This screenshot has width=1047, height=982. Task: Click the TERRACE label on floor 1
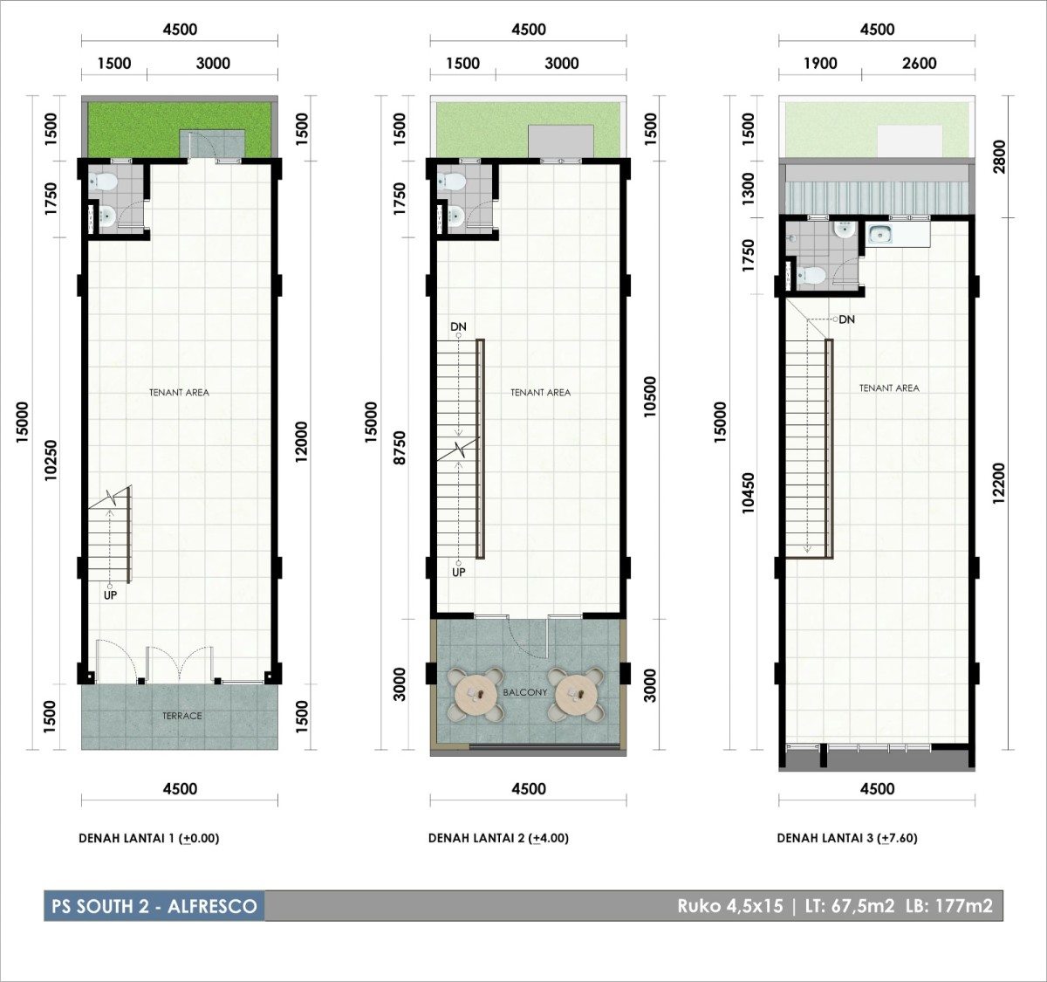click(x=181, y=716)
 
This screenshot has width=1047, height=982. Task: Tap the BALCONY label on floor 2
click(x=525, y=692)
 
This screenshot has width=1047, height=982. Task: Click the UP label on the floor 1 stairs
click(x=110, y=595)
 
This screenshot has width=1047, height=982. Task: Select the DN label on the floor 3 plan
click(x=846, y=319)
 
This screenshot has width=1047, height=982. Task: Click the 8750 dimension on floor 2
click(x=400, y=448)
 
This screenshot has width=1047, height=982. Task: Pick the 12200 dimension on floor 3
click(x=998, y=484)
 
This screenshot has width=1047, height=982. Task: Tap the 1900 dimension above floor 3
click(x=820, y=64)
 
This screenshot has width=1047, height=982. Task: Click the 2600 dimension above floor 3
click(x=920, y=64)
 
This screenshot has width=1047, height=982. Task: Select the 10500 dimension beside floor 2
click(x=650, y=396)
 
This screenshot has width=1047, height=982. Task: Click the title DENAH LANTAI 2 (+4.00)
click(x=499, y=838)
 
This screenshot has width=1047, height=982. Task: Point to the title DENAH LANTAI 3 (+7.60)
click(x=847, y=838)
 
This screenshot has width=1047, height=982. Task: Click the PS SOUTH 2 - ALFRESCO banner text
click(x=154, y=906)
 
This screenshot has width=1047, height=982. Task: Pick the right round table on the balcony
click(x=576, y=695)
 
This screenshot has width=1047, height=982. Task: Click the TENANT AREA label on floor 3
click(x=889, y=388)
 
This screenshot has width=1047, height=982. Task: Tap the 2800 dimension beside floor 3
click(x=998, y=157)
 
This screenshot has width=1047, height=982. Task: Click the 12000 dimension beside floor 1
click(x=301, y=441)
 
